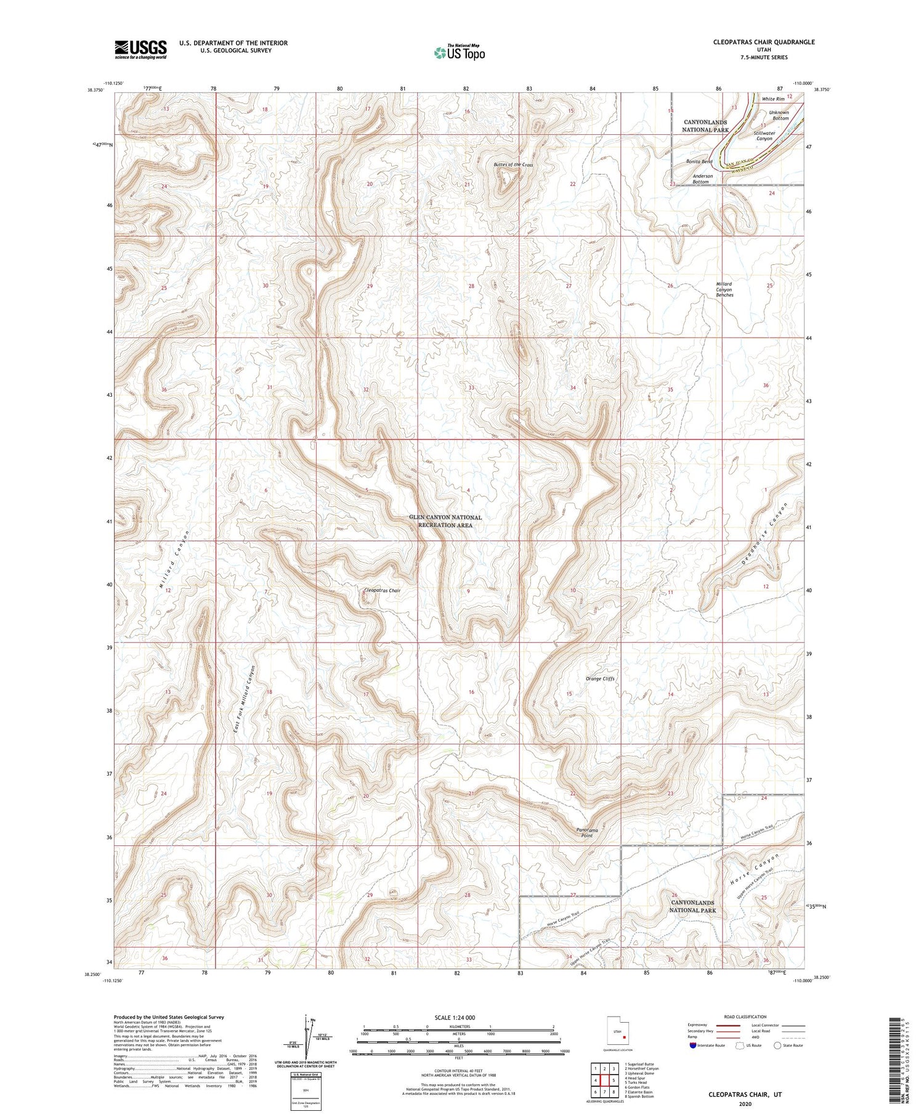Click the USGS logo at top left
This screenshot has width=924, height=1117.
[140, 49]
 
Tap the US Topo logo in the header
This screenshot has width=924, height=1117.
[459, 52]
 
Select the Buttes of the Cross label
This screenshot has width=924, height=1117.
[513, 165]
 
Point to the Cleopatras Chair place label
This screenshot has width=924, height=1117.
[383, 590]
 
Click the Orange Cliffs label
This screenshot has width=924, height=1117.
[600, 678]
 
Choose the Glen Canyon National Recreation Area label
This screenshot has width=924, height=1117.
[445, 521]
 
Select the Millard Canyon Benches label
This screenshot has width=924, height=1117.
[724, 290]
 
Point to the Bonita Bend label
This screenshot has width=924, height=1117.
[699, 161]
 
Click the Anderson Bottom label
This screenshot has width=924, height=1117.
[702, 179]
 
